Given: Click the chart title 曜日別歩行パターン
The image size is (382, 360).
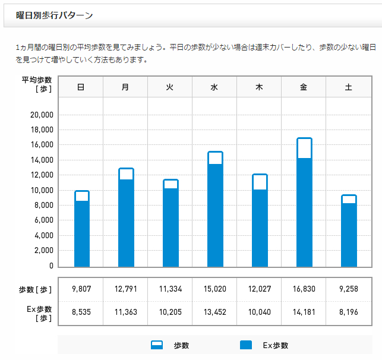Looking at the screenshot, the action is click(55, 15).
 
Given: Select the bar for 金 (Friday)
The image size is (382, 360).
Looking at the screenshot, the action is click(304, 202).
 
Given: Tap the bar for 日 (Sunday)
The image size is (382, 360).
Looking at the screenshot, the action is click(82, 229).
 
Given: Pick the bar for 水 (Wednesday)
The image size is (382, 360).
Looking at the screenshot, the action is click(215, 209).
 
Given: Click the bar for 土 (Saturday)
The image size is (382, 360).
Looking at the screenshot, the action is click(349, 230).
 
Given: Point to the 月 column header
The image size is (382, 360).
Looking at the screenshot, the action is click(125, 87).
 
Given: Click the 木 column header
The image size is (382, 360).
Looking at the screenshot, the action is click(259, 87).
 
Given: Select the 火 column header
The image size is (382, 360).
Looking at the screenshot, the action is click(169, 87).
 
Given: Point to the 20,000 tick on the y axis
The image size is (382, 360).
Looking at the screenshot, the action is click(42, 115).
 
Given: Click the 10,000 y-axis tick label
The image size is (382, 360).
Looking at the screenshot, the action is click(42, 190).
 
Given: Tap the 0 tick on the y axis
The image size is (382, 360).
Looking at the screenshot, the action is click(51, 266).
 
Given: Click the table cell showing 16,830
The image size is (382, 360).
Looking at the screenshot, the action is click(304, 289).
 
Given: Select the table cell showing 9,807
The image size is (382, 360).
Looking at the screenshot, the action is click(81, 289).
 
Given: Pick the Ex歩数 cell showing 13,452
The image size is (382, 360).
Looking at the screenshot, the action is click(215, 312).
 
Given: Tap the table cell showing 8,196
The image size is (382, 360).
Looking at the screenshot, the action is click(349, 312).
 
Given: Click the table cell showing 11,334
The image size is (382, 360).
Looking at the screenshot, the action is click(171, 289).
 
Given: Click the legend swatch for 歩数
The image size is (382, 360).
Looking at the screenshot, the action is click(157, 345).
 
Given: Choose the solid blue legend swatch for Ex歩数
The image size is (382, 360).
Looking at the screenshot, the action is click(246, 345).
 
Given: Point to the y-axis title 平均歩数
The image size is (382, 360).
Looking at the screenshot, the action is click(37, 80).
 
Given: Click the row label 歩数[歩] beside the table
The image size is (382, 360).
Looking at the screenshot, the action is click(35, 290).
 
